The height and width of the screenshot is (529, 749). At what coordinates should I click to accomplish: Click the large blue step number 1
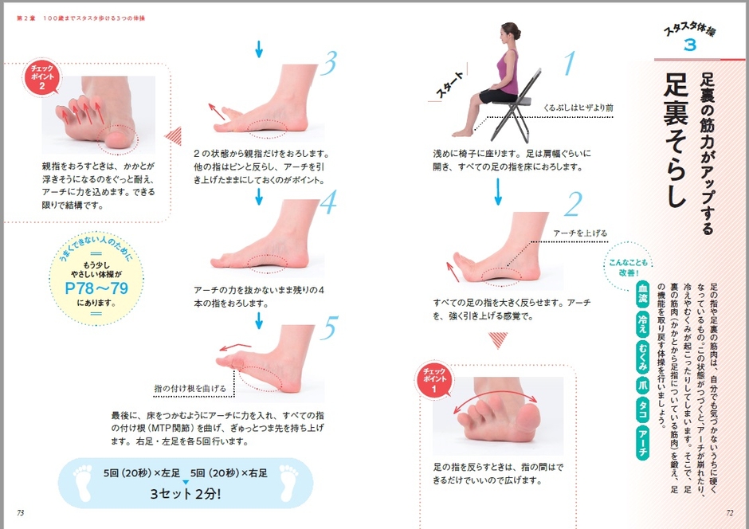click(570, 63)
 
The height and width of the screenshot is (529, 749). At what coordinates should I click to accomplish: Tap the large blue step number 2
click(573, 204)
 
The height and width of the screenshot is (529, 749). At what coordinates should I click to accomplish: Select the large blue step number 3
click(327, 63)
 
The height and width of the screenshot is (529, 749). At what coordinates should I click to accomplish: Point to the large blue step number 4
click(328, 202)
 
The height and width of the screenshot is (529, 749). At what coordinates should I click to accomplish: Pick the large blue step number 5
click(329, 327)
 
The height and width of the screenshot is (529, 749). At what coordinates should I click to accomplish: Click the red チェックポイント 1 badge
click(433, 380)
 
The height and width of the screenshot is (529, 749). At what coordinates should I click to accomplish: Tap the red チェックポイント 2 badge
click(42, 76)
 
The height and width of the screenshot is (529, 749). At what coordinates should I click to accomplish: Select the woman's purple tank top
click(508, 72)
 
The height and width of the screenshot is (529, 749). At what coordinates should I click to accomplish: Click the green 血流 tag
click(643, 293)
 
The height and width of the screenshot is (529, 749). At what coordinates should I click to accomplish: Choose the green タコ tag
click(643, 409)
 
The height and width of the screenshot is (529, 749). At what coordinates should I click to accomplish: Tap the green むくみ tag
click(643, 356)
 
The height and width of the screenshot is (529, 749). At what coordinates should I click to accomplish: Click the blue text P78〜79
click(96, 288)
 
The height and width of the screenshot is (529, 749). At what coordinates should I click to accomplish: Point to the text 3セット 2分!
click(186, 493)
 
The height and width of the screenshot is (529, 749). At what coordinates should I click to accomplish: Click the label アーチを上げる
click(580, 233)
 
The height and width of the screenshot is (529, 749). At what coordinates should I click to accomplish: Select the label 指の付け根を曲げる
click(190, 388)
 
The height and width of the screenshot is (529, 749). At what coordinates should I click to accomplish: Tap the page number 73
click(20, 513)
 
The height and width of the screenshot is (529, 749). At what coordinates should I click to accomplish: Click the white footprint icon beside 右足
click(289, 482)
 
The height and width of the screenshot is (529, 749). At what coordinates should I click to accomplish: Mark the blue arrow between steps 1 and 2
click(498, 191)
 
